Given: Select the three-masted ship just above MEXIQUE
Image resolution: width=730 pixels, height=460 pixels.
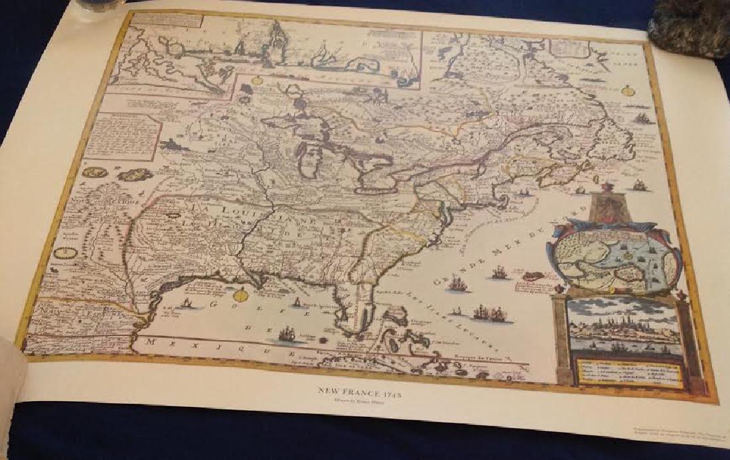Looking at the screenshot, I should pos(287,333).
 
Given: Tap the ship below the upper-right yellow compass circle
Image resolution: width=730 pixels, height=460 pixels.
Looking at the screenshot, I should pos(641,119).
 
